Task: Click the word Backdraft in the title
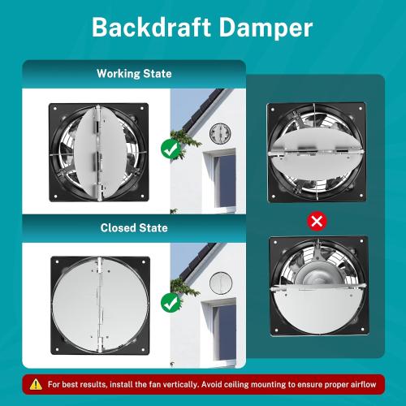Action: pyautogui.click(x=151, y=28)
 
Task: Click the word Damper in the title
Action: pyautogui.click(x=266, y=28)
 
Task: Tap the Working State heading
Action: pyautogui.click(x=134, y=74)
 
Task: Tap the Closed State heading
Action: pyautogui.click(x=134, y=227)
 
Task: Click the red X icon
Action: pyautogui.click(x=317, y=221)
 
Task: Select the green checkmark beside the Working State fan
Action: pyautogui.click(x=171, y=149)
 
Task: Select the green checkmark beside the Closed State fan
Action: pyautogui.click(x=171, y=303)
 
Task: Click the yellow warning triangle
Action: pyautogui.click(x=36, y=384)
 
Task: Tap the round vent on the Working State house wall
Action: pyautogui.click(x=220, y=133)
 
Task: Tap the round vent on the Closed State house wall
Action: pyautogui.click(x=221, y=283)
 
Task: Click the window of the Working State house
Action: pyautogui.click(x=222, y=181)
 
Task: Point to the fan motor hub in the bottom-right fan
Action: pyautogui.click(x=317, y=274)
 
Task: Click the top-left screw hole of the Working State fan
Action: pyautogui.click(x=55, y=109)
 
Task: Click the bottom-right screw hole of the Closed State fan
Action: pyautogui.click(x=144, y=349)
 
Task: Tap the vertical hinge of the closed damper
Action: pyautogui.click(x=100, y=304)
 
